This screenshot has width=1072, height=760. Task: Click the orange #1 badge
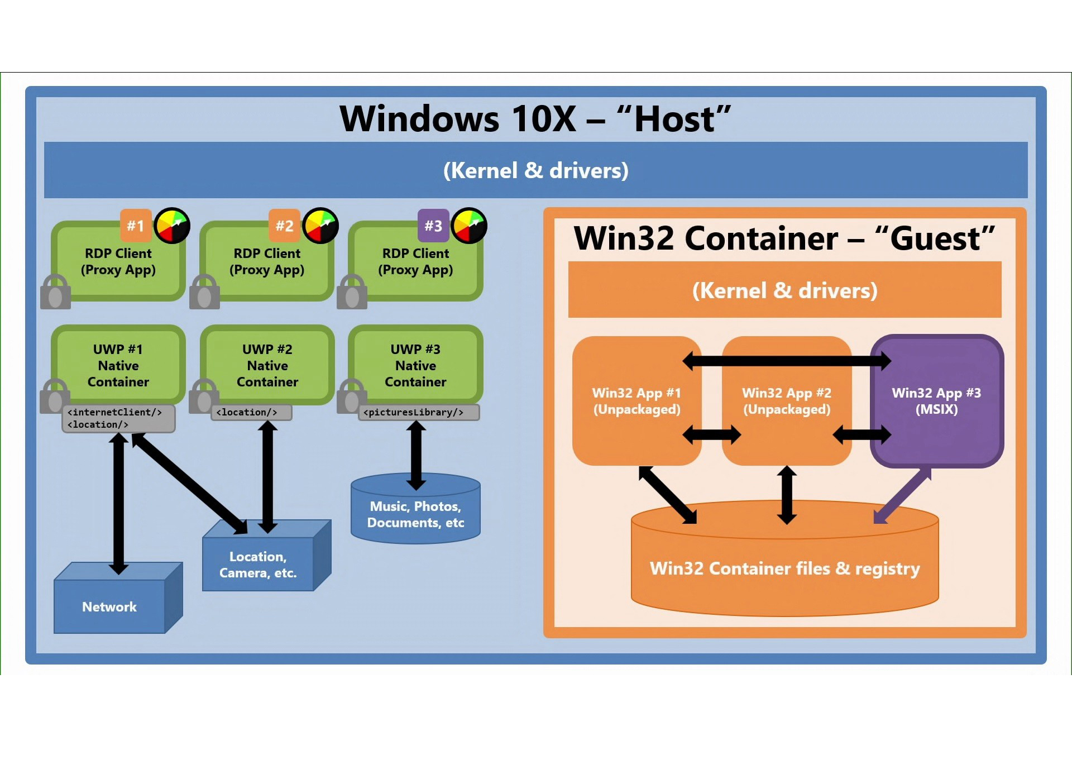pyautogui.click(x=136, y=225)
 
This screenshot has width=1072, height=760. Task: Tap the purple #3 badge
pyautogui.click(x=433, y=225)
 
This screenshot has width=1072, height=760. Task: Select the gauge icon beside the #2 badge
pyautogui.click(x=320, y=226)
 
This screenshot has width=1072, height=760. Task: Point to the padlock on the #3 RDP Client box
pyautogui.click(x=352, y=291)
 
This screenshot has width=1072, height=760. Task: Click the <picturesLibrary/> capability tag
pyautogui.click(x=419, y=413)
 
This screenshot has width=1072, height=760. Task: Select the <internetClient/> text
pyautogui.click(x=114, y=412)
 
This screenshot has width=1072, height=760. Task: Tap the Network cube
pyautogui.click(x=118, y=598)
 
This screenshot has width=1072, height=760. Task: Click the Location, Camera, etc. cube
pyautogui.click(x=266, y=556)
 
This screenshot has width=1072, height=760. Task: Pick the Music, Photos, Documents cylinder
pyautogui.click(x=415, y=509)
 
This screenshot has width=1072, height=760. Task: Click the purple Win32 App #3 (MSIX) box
pyautogui.click(x=936, y=401)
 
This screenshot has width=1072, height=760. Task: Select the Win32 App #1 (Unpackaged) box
pyautogui.click(x=636, y=401)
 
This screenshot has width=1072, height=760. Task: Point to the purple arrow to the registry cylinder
pyautogui.click(x=902, y=496)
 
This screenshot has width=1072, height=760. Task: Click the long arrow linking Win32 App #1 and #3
pyautogui.click(x=787, y=361)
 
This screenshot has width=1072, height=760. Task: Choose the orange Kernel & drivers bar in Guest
pyautogui.click(x=784, y=290)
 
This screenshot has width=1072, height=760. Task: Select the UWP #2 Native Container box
pyautogui.click(x=267, y=365)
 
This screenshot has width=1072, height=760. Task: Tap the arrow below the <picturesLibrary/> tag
pyautogui.click(x=416, y=456)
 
